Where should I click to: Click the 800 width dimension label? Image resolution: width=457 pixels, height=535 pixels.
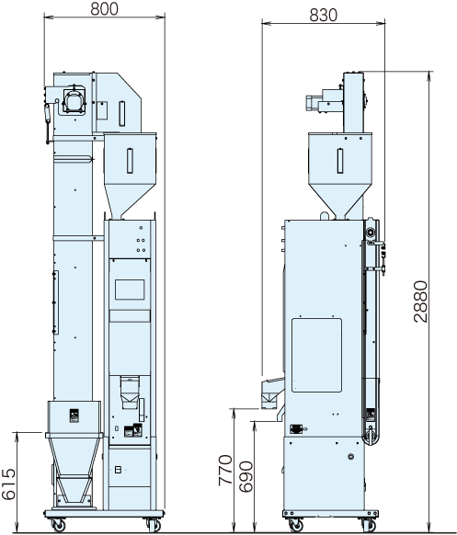[x=105, y=9]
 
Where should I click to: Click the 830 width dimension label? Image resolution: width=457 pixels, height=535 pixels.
[x=324, y=15]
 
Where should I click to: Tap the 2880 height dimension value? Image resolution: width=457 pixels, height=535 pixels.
[x=420, y=302]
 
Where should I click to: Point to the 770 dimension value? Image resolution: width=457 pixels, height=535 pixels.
[x=225, y=470]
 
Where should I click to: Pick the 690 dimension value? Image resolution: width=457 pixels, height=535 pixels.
[x=246, y=476]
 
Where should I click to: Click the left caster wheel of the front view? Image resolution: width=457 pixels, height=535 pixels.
[x=58, y=524]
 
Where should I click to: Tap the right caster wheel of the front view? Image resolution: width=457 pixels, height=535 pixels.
[x=153, y=524]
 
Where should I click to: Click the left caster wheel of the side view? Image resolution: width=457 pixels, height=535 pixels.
[x=295, y=524]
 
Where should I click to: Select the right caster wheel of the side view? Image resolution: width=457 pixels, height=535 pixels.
[x=369, y=524]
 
